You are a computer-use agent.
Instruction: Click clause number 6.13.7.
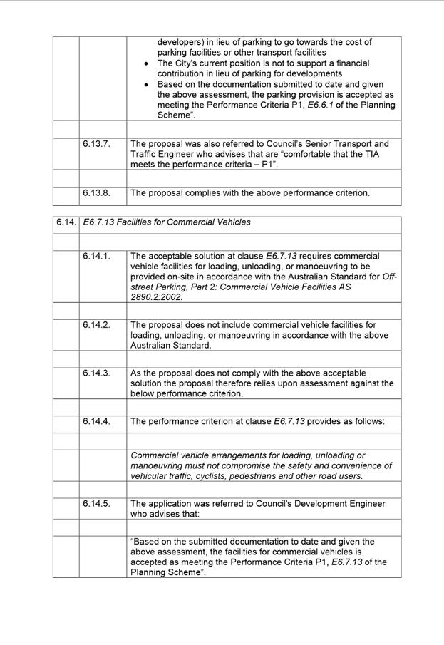(x=96, y=144)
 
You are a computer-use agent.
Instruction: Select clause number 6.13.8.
(x=96, y=192)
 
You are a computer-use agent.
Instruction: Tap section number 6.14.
(x=66, y=222)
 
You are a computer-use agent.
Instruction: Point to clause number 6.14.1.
(x=96, y=257)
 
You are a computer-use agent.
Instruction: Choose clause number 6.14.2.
(x=96, y=325)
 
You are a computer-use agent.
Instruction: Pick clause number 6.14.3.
(x=96, y=373)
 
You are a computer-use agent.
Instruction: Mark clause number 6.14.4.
(x=96, y=422)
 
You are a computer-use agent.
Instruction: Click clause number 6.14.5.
(x=96, y=504)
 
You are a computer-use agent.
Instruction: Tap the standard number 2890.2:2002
(x=156, y=298)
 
